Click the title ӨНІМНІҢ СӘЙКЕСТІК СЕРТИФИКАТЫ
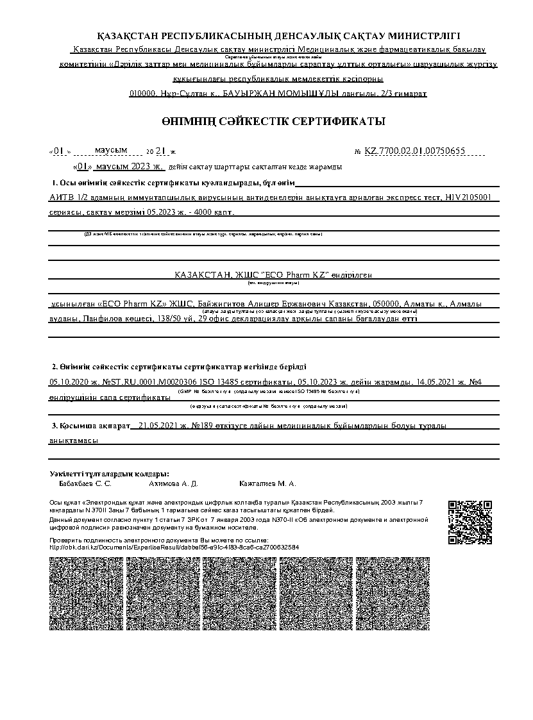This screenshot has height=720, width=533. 273,121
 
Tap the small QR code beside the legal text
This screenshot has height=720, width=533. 470,521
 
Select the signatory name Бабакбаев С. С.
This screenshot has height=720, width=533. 85,483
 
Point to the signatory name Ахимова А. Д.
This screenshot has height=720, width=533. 173,483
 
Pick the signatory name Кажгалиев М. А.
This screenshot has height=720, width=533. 267,483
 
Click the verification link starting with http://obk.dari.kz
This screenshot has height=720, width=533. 174,548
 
